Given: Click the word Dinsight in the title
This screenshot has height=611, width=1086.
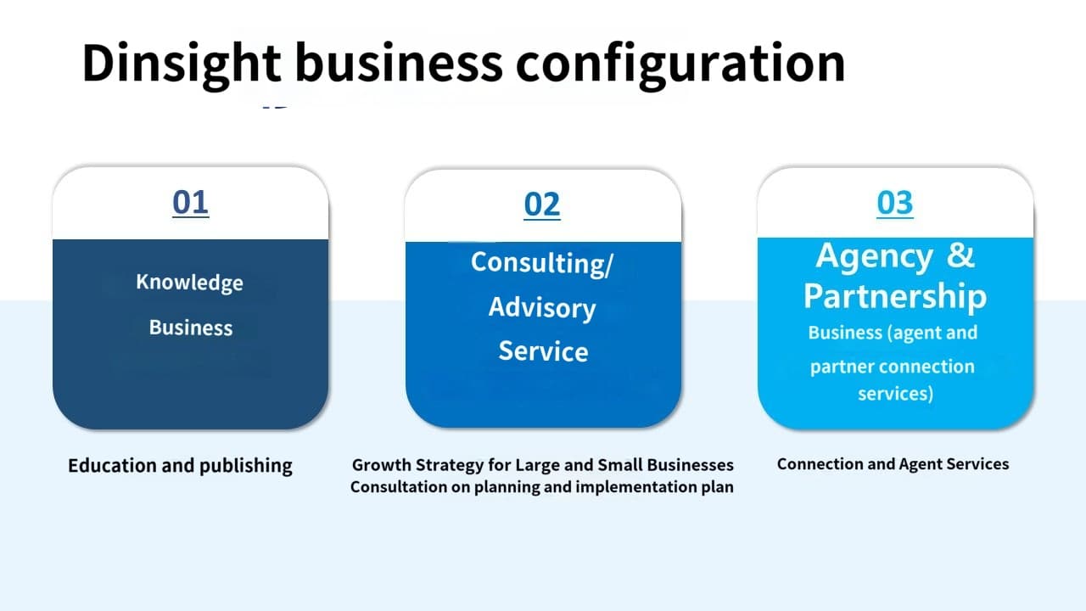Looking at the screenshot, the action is (x=182, y=64).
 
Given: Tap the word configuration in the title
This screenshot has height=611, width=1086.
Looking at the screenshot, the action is (x=680, y=64).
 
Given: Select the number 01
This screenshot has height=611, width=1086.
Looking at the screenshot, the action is (x=191, y=202).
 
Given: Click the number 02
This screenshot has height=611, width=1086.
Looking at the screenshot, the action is (x=542, y=205).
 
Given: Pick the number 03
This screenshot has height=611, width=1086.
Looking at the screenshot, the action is (x=895, y=203).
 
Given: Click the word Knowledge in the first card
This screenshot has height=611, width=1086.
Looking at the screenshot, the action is (x=189, y=283).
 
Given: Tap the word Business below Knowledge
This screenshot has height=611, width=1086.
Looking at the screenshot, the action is (x=191, y=328).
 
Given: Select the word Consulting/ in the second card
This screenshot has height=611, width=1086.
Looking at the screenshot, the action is (x=542, y=264).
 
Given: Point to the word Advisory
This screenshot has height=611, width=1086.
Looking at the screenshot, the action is (x=542, y=308).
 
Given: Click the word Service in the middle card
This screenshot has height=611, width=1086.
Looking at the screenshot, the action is (x=543, y=351).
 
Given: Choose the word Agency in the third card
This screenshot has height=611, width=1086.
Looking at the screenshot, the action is (x=874, y=256).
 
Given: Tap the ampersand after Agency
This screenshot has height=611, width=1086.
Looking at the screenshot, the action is (x=960, y=255).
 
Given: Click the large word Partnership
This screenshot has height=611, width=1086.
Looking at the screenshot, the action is (x=895, y=296).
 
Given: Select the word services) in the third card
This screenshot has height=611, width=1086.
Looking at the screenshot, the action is (x=895, y=393).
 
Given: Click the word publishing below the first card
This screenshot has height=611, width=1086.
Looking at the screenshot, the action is (x=246, y=466).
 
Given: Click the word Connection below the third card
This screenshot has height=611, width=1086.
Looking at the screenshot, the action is (x=820, y=464).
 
